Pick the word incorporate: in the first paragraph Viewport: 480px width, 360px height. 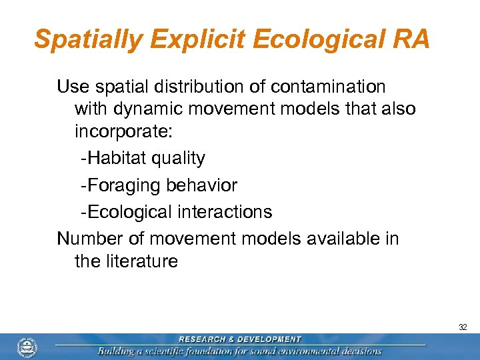click(x=123, y=131)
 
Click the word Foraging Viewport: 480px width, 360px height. click(x=121, y=186)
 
